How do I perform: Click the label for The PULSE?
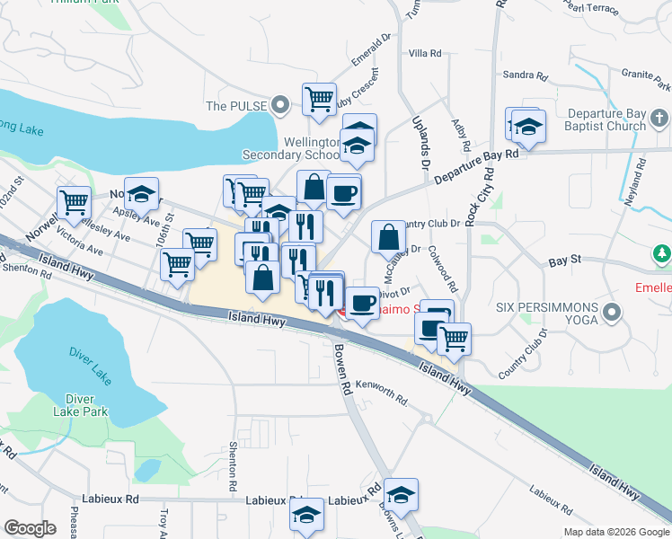pos(236,106)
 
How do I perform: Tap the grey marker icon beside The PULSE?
pos(280,105)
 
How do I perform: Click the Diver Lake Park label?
pos(87,405)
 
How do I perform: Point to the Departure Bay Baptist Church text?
pos(607,120)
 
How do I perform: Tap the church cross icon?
pos(659,118)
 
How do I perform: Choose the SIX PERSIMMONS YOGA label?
pos(546,313)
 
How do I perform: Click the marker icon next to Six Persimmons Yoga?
pos(613,313)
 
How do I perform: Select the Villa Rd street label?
pos(425,54)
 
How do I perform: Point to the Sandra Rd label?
pos(526,75)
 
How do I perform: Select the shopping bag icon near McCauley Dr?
pos(388,237)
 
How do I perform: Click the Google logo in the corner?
pos(30,528)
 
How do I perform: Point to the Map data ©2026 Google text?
pos(616,532)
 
